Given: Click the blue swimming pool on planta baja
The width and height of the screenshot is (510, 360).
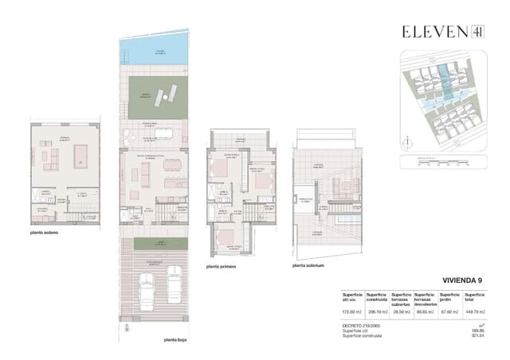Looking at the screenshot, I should point(153,55).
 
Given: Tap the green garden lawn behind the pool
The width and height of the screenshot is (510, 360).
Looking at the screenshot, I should point(155,97).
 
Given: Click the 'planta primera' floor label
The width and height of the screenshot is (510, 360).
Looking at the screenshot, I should point(223,267).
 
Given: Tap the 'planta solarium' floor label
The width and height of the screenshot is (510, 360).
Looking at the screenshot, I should point(310,266).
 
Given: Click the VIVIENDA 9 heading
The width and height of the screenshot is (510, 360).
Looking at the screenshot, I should point(464,280).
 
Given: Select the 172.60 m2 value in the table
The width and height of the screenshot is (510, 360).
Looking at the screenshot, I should point(351,311).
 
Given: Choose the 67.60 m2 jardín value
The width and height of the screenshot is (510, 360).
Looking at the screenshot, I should point(446,311).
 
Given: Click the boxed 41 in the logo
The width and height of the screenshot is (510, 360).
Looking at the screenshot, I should point(477,32).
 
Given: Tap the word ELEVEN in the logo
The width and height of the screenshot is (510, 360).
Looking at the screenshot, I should point(433,32).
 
